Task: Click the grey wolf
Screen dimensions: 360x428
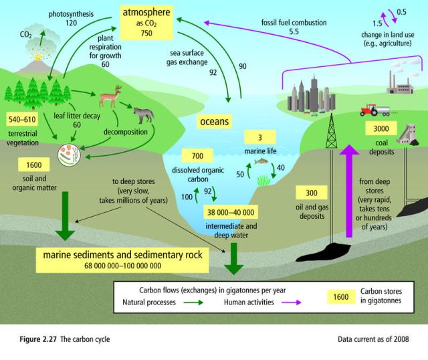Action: [x=143, y=114]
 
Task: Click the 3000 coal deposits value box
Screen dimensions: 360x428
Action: [x=382, y=129]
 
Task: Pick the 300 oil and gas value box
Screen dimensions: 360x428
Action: [x=312, y=193]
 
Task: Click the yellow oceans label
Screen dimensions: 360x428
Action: [x=215, y=122]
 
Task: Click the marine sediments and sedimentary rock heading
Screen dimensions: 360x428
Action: [x=125, y=256]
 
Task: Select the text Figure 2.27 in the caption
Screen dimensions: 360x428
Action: [x=33, y=339]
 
